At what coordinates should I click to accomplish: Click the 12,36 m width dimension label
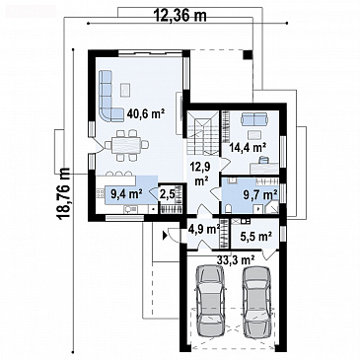180,15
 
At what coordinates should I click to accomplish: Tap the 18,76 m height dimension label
62,194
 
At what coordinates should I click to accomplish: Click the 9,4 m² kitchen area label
126,194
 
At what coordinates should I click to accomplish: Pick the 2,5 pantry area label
167,194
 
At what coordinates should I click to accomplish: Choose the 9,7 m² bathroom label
259,195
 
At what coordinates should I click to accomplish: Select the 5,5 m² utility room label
255,236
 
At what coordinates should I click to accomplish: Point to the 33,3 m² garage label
236,260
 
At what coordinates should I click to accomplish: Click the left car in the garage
210,299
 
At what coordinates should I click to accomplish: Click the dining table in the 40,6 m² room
126,145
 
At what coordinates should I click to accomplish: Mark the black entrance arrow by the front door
165,235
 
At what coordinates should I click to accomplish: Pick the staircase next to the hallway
203,133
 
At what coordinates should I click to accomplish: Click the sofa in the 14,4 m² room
253,119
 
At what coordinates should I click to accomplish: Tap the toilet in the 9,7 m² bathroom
230,208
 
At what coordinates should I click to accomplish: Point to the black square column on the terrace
248,54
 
